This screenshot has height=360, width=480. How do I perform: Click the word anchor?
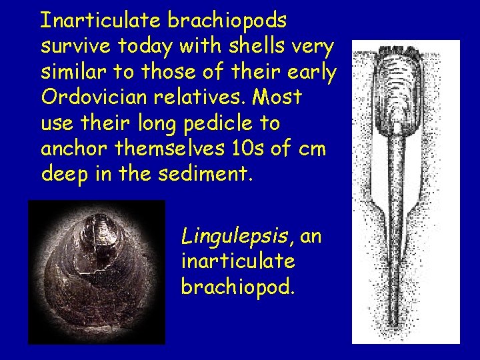[x=71, y=148]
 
